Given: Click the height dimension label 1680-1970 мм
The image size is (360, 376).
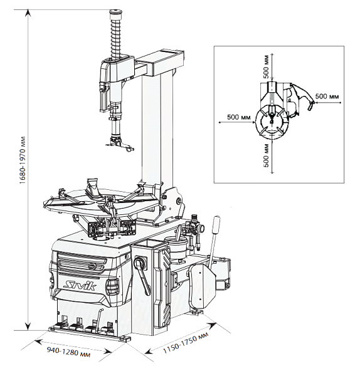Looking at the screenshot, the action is tap(23, 160).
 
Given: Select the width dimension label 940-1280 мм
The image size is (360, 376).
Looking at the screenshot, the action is tap(69, 352).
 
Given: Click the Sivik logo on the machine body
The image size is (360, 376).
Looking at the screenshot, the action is tap(80, 286).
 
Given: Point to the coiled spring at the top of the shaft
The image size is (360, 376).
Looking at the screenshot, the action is tap(116, 38).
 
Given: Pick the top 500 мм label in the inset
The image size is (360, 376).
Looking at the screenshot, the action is tap(266, 66).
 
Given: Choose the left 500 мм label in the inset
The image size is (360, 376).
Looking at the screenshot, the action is tap(239, 117).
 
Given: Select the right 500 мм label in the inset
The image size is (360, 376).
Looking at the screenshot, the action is tap(327, 97).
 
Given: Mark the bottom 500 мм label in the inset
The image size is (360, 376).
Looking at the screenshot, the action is tap(267, 155).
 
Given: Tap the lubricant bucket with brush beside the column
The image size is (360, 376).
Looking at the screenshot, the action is tap(176, 246).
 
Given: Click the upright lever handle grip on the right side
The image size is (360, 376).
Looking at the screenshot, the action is tap(216, 225).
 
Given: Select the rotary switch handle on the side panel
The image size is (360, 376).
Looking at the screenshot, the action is tap(142, 274).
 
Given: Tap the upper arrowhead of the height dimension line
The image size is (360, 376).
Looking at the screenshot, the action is tap(28, 13).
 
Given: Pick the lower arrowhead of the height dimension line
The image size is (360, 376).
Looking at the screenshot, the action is tap(28, 326).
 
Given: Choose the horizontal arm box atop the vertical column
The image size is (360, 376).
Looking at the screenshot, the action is tap(159, 63).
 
